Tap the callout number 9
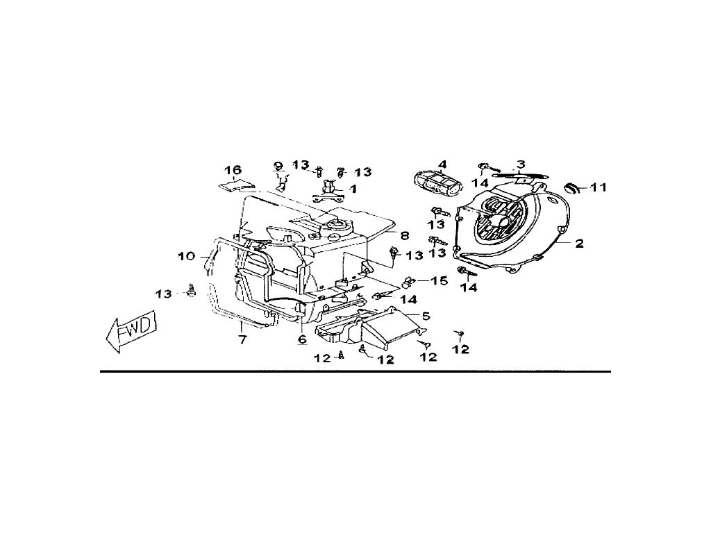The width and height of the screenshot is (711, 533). [x=278, y=166]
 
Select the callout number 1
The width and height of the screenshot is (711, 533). [x=353, y=188]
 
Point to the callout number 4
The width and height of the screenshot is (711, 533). [x=442, y=164]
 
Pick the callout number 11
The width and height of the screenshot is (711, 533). [x=599, y=187]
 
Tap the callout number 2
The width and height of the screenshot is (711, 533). [x=578, y=244]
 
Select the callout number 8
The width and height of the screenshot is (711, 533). [x=404, y=235]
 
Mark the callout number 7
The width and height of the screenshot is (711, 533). [x=242, y=339]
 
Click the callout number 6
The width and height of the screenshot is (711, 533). [x=302, y=339]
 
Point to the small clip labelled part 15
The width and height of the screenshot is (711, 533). [x=408, y=281]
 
